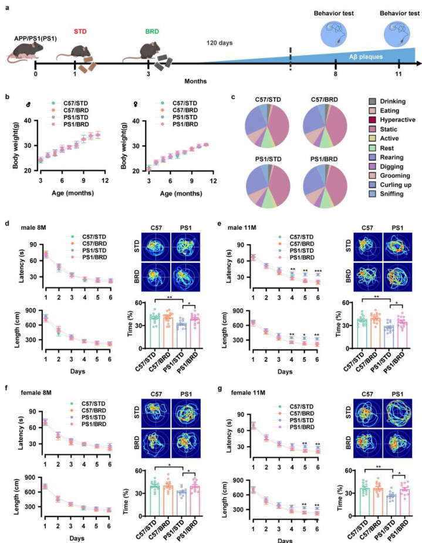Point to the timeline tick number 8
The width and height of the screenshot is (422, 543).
335,75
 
